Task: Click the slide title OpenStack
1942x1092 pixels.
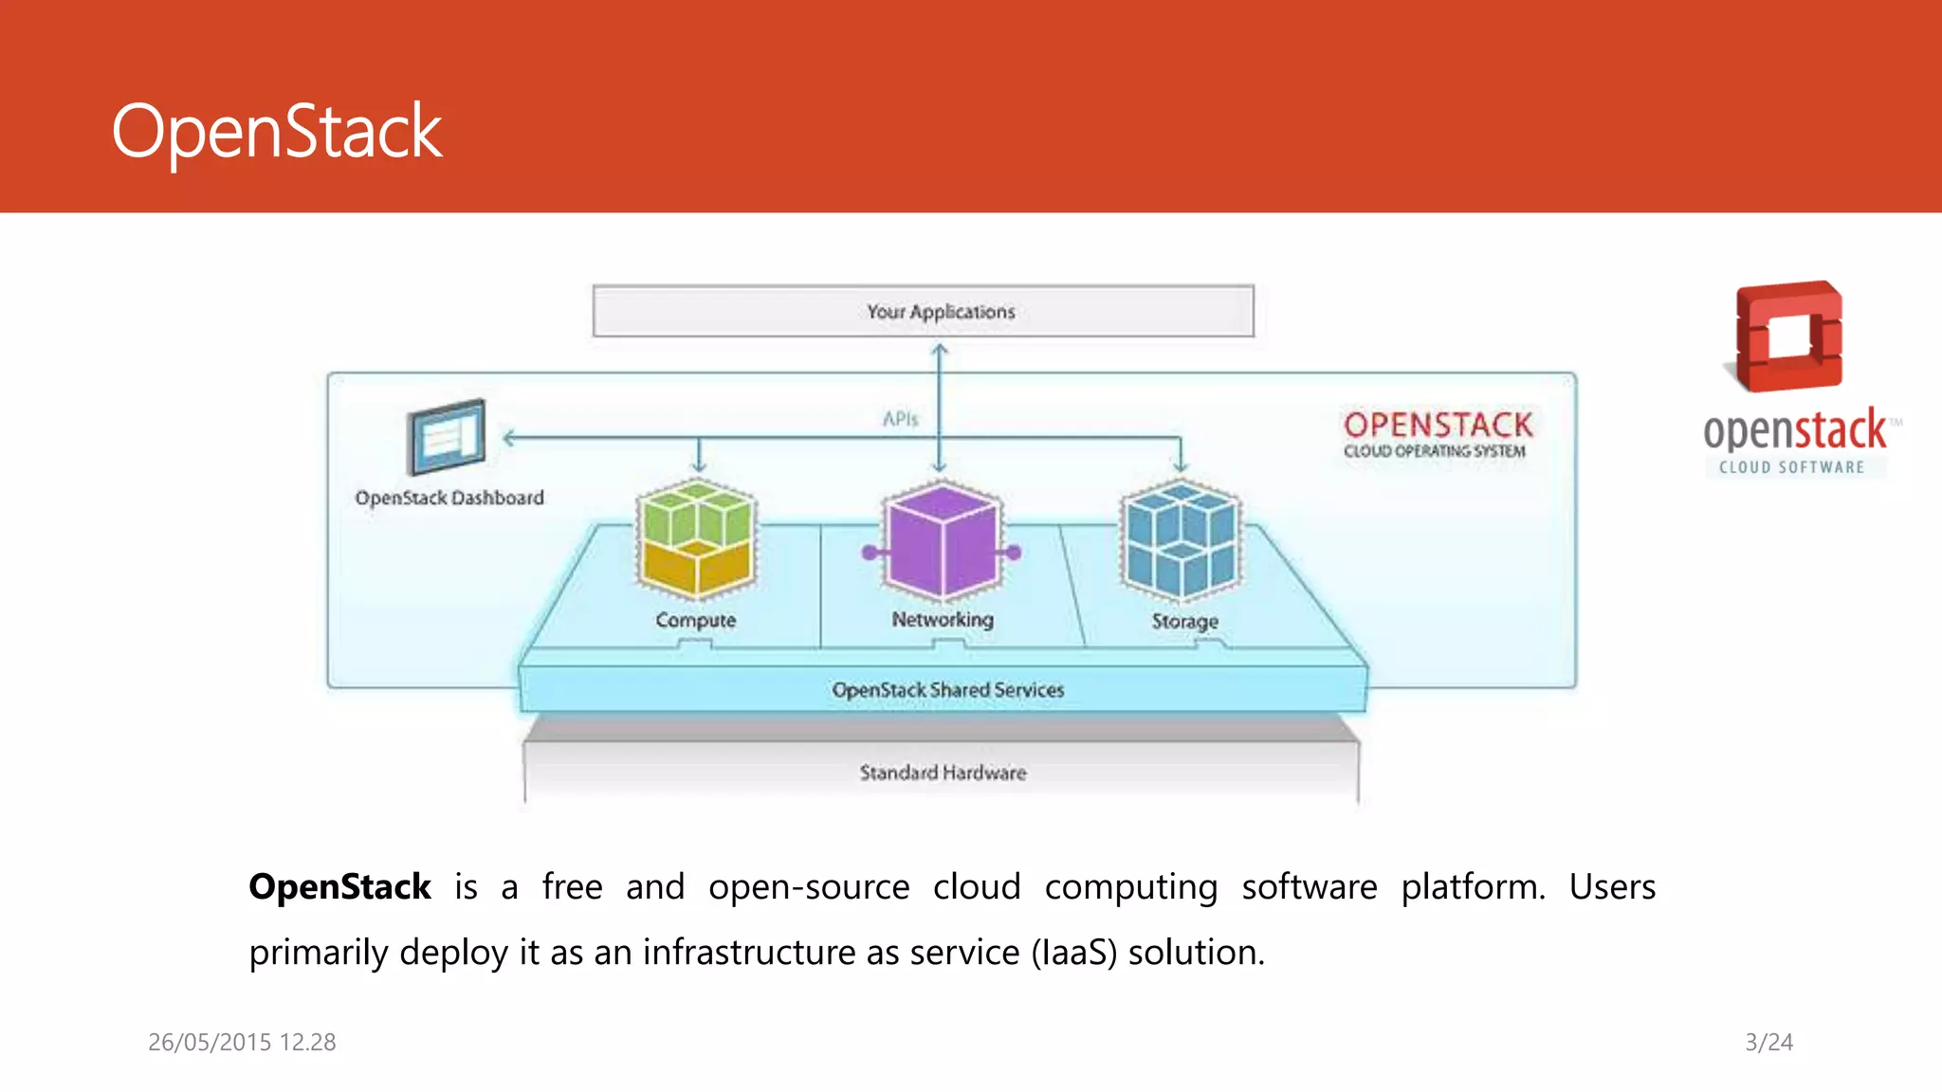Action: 277,132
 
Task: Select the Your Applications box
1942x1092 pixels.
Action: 923,311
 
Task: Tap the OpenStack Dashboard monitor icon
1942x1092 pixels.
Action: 447,437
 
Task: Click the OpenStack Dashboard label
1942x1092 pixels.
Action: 449,498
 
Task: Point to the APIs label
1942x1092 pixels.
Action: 900,418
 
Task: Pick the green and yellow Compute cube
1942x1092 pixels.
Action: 697,538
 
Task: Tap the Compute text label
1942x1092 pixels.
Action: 695,620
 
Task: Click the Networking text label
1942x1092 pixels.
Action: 943,619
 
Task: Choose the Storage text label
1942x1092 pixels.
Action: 1184,621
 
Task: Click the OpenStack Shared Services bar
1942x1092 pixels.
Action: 947,690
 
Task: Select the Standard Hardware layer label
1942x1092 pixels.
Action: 943,773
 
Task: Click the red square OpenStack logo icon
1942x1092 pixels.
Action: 1787,336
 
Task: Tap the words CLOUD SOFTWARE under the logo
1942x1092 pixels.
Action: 1791,467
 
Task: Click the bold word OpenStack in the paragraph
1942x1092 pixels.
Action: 339,887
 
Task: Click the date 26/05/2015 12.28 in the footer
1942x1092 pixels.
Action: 242,1042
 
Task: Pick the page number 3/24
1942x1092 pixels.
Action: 1768,1042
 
